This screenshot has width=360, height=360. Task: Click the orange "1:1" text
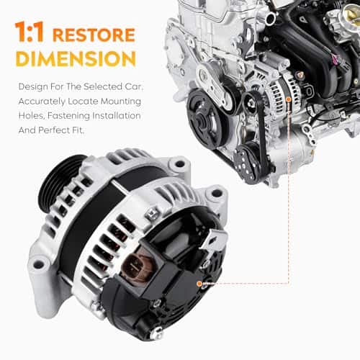coord(31,34)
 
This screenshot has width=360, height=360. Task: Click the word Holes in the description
coord(29,115)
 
